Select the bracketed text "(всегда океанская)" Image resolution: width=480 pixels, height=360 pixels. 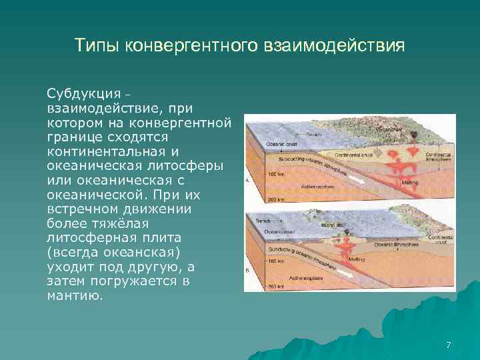tap(113, 251)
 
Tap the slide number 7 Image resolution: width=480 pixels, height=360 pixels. tap(448, 345)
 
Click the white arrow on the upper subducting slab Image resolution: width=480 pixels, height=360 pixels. tap(360, 178)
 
